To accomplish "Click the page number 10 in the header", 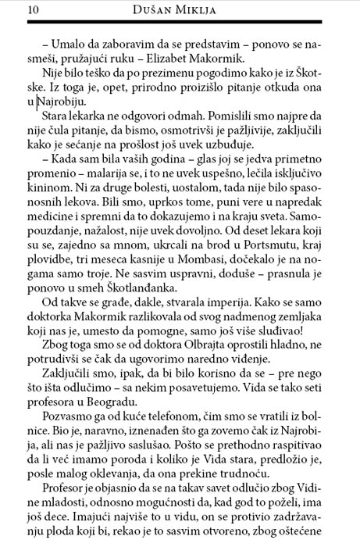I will tap(12, 10).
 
